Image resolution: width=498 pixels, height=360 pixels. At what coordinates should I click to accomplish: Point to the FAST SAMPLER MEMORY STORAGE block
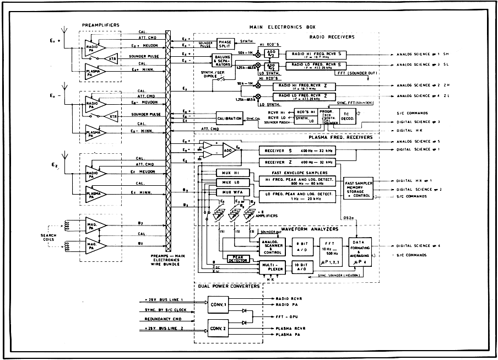click(x=359, y=187)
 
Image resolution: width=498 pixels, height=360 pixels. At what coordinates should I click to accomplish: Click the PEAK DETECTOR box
click(x=238, y=258)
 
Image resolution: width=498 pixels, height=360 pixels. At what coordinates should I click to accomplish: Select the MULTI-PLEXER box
click(x=272, y=267)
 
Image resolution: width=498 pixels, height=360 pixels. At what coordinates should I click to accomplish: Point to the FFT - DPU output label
click(x=287, y=318)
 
